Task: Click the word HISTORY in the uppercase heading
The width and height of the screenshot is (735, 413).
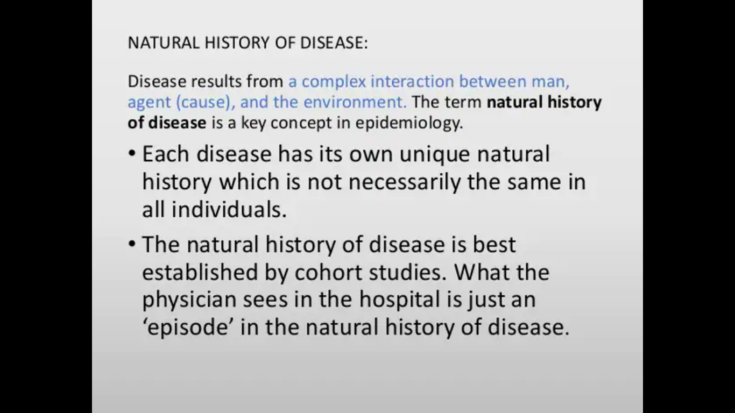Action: [x=237, y=42]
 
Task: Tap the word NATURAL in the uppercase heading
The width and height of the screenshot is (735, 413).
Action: [x=164, y=42]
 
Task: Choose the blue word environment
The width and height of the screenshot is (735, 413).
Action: [x=355, y=102]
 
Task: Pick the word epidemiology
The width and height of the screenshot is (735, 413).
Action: [x=409, y=123]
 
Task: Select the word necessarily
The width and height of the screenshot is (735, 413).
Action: [x=405, y=183]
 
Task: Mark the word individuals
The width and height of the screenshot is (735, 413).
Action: [x=229, y=210]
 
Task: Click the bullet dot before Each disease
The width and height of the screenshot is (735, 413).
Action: [x=132, y=153]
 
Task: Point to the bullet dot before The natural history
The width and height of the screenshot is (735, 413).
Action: [x=132, y=244]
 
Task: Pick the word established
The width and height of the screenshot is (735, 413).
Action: [x=200, y=272]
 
